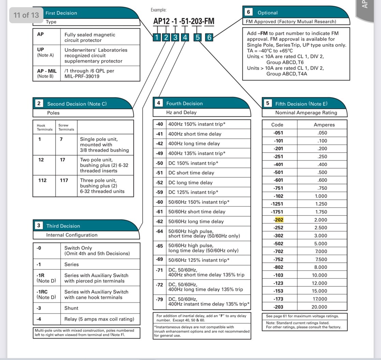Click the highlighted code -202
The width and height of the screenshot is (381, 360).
(x=278, y=220)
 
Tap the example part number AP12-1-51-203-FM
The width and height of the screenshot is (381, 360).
(x=184, y=21)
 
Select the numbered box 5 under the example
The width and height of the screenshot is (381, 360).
(x=198, y=37)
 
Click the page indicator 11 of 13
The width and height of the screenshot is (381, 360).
(x=26, y=15)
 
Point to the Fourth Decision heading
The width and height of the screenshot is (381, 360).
(x=184, y=103)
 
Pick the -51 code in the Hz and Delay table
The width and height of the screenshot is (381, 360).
(x=159, y=173)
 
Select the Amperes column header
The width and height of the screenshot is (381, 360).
(x=324, y=125)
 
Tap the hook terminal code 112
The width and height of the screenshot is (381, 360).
(x=42, y=180)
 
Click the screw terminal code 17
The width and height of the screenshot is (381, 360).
(x=62, y=160)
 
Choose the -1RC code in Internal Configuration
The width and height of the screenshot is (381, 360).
(x=42, y=292)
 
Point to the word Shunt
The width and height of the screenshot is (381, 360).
(x=71, y=308)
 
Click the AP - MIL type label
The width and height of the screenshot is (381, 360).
(x=47, y=71)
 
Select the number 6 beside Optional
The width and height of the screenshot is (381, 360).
(x=248, y=12)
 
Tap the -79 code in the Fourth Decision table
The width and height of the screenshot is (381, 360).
(x=159, y=299)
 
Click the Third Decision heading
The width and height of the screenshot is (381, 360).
(x=63, y=226)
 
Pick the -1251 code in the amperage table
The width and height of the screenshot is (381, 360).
(x=277, y=204)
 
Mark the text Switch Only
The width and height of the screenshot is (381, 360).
(x=78, y=248)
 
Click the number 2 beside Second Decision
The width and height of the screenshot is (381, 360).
(x=39, y=103)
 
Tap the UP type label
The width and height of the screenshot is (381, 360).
(x=40, y=49)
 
